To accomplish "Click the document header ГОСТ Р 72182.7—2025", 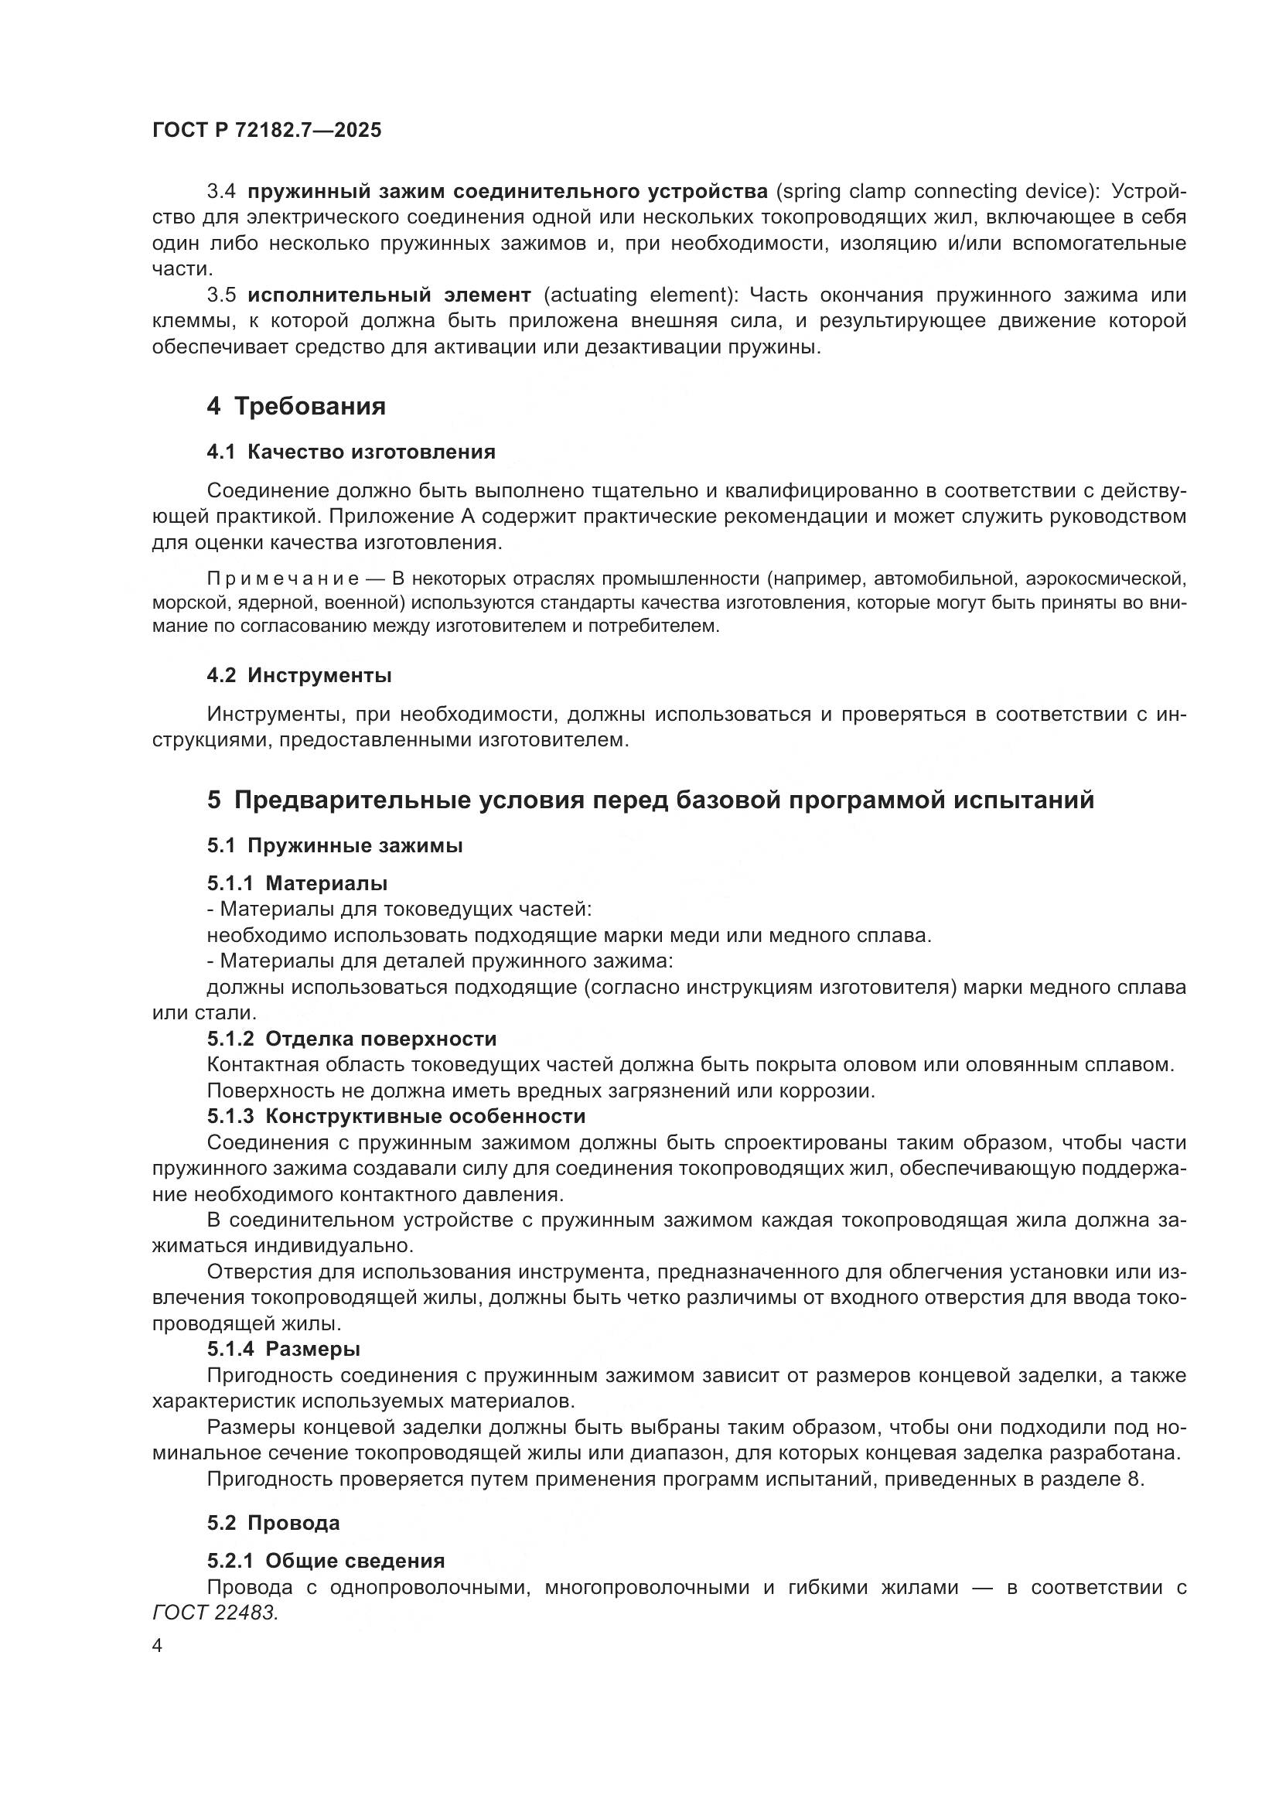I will click(266, 131).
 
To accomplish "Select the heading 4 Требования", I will click(296, 407).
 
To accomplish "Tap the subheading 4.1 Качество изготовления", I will click(350, 452).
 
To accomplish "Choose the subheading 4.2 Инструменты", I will click(299, 675).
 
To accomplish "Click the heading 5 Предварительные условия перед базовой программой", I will click(650, 800).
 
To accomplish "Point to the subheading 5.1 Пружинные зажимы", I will click(335, 845).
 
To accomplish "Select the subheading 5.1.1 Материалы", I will click(297, 883).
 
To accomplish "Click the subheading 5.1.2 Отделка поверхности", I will click(351, 1039).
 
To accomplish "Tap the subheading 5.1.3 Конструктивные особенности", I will click(396, 1117).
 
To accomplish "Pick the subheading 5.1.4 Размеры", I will click(284, 1350).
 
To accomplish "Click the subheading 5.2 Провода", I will click(273, 1523).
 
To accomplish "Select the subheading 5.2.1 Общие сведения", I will click(326, 1561).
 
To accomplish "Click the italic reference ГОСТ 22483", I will click(215, 1613).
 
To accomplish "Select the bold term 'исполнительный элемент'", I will click(389, 295).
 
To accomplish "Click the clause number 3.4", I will click(221, 192).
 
